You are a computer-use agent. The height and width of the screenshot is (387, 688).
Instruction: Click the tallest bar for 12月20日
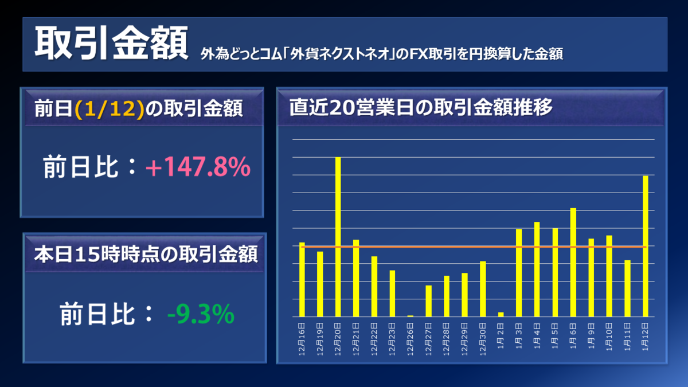338,236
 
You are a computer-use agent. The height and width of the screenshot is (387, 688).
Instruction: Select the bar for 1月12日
646,246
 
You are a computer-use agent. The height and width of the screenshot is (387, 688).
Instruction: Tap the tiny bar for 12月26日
411,315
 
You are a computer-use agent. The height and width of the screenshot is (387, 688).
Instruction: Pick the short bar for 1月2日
501,314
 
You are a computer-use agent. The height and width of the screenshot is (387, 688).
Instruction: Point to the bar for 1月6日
573,262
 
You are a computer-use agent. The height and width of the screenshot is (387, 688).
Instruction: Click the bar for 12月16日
302,279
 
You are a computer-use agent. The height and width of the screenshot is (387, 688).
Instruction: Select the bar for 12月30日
483,289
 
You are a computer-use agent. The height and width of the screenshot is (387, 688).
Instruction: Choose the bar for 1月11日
627,288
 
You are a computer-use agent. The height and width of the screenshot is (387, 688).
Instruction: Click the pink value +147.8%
198,168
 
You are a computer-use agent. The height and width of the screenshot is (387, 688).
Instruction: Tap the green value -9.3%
201,314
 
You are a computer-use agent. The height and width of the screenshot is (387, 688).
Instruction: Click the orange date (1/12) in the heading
109,109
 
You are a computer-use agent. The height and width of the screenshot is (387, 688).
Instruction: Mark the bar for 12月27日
429,300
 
